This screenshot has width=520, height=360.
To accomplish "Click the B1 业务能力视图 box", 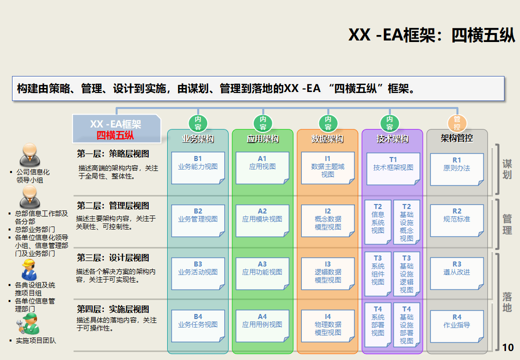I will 198,167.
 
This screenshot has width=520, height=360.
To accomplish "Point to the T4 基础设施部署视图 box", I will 406,325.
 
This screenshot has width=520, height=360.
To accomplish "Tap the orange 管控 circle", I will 456,123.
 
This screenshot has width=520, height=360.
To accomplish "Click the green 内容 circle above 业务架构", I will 198,123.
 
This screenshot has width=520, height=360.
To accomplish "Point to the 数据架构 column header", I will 327,139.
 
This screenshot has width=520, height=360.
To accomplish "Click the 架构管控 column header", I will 456,138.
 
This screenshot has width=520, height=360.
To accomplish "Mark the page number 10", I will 507,347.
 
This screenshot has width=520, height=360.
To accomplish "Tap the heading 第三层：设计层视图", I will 113,258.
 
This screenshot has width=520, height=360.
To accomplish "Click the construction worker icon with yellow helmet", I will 29,270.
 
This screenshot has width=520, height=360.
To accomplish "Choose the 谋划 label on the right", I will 507,169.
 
